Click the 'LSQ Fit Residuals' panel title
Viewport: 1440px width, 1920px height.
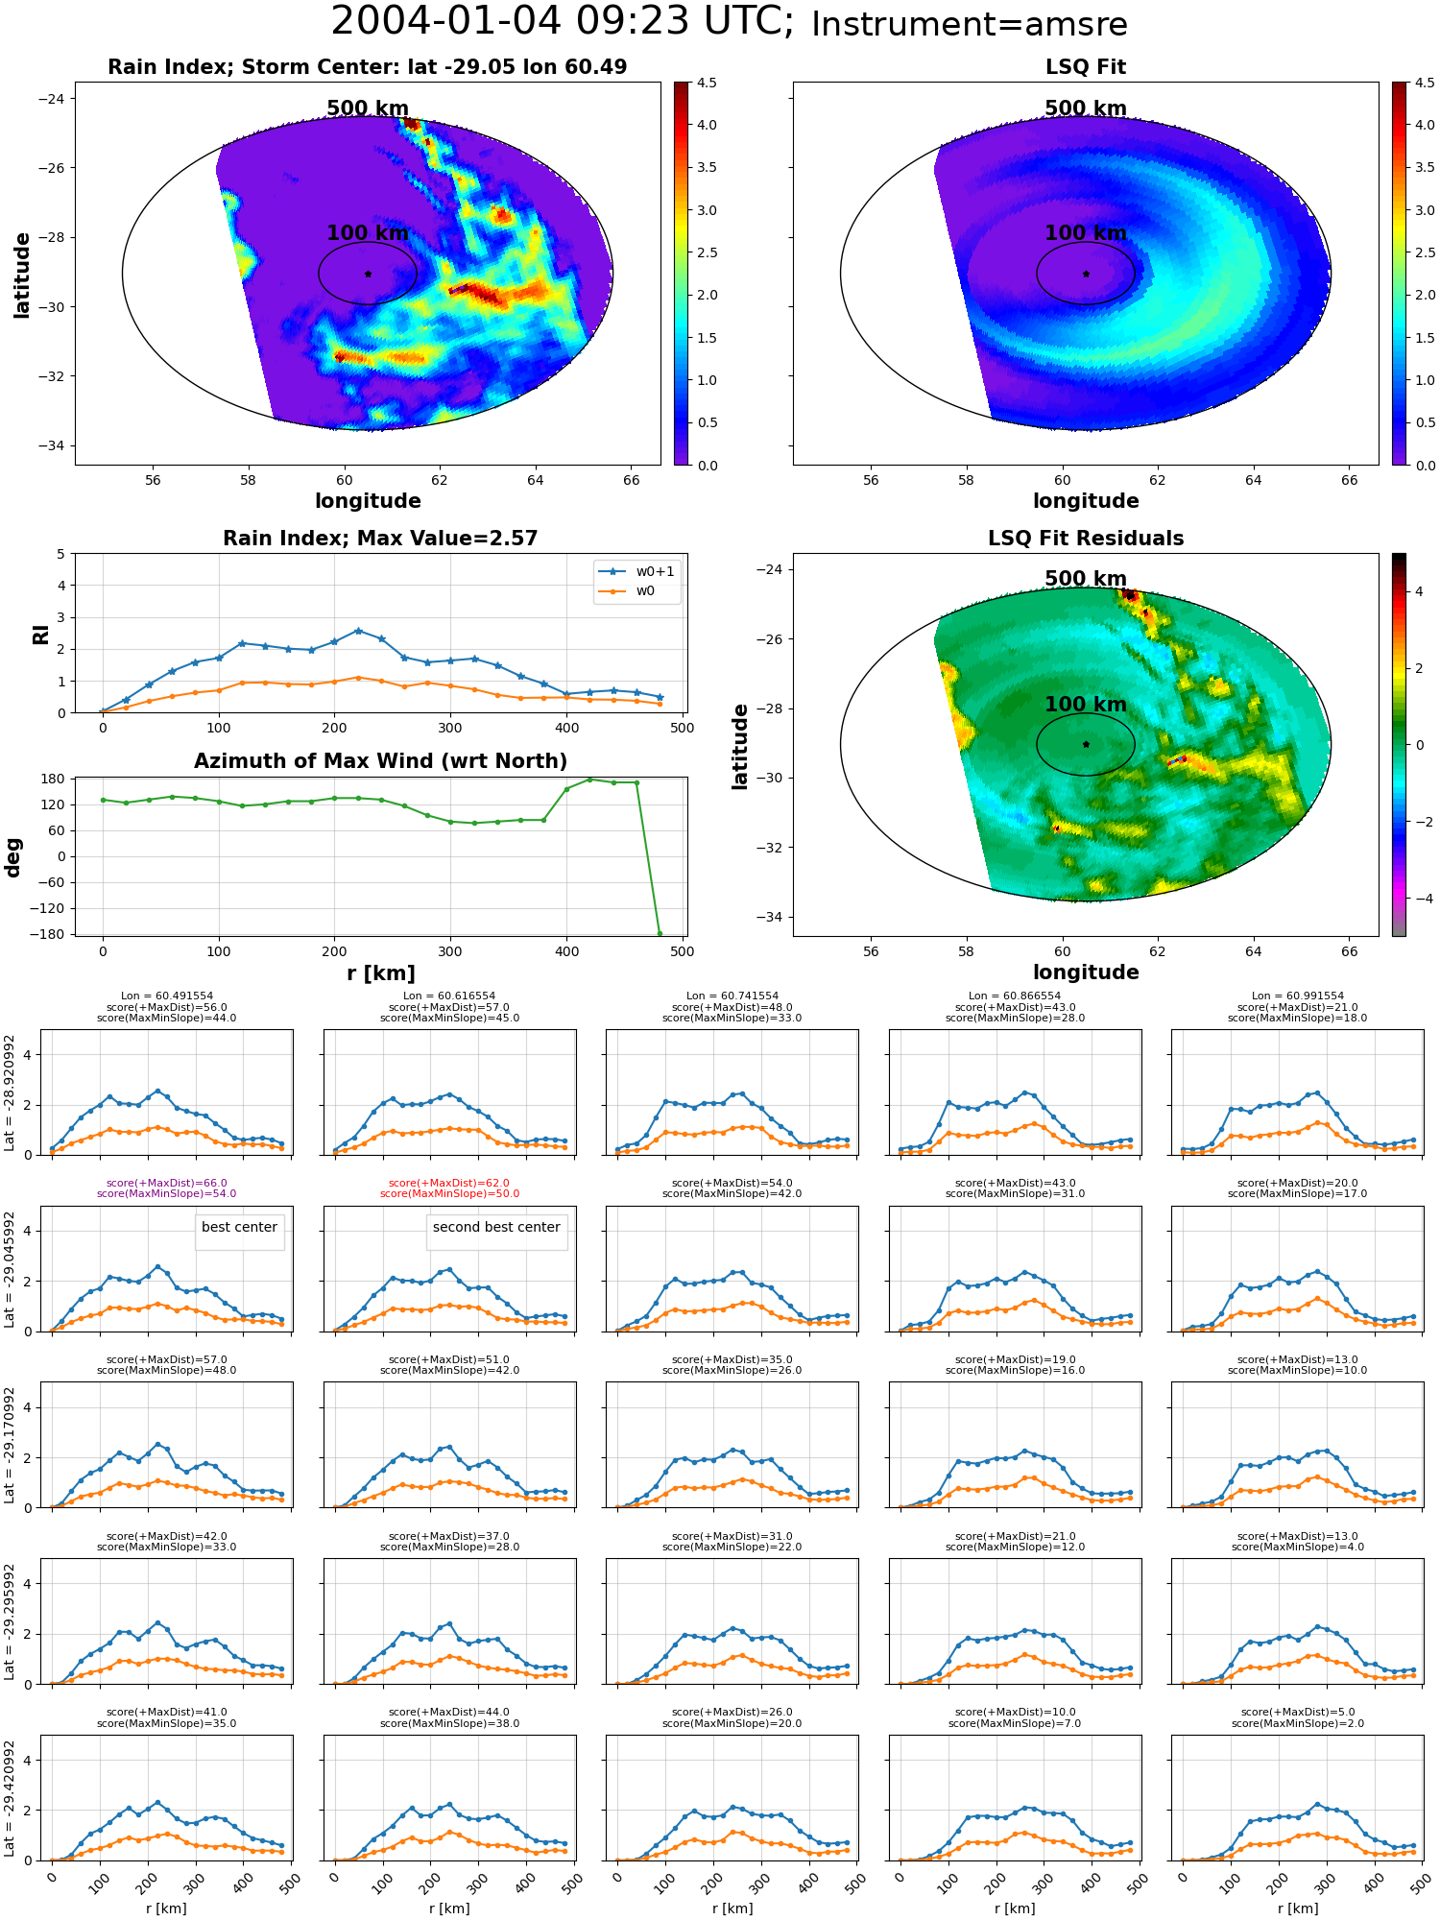click(1086, 539)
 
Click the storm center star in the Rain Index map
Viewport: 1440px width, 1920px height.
click(368, 274)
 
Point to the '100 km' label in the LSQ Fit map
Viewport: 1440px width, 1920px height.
click(1086, 233)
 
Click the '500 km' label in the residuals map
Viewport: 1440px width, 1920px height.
click(1086, 579)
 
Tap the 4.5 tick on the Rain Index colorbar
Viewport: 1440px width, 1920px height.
click(707, 83)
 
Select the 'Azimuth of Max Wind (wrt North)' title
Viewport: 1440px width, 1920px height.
click(380, 761)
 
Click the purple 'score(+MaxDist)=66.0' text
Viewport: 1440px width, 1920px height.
click(167, 1183)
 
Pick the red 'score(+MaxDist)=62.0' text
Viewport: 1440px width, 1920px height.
click(449, 1183)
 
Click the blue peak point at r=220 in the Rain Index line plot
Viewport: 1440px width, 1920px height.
click(358, 631)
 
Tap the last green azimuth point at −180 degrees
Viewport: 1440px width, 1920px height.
click(660, 933)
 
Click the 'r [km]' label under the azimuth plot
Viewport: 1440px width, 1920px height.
click(380, 973)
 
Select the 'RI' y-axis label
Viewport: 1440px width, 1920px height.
click(40, 634)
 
